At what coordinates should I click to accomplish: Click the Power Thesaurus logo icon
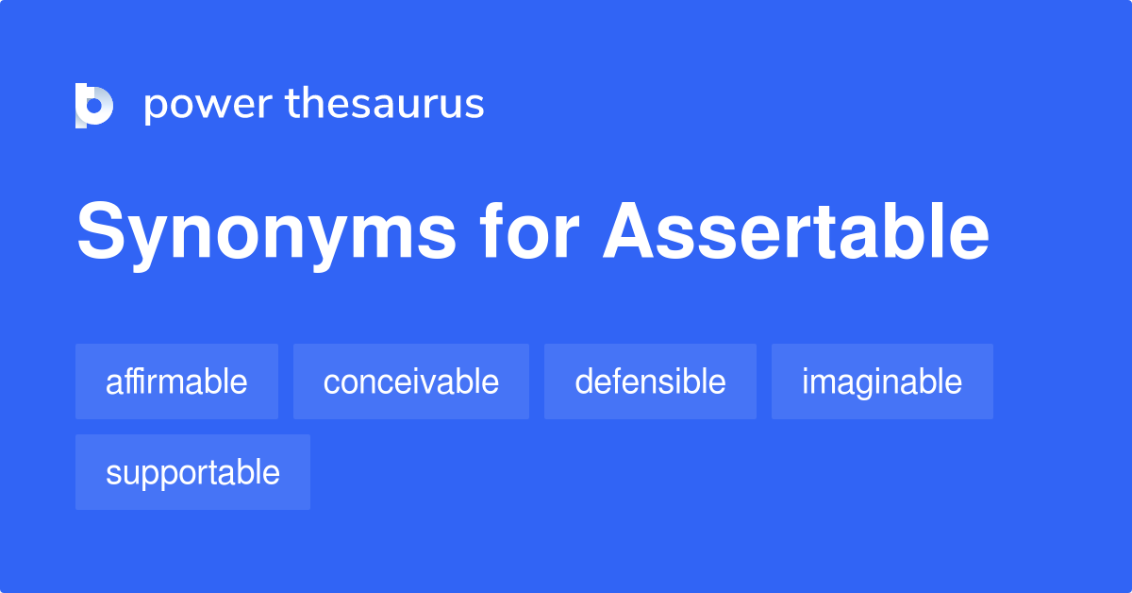[x=94, y=105]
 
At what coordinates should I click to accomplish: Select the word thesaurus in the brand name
[x=385, y=105]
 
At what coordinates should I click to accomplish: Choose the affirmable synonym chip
[x=176, y=381]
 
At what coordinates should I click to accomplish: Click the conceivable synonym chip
[x=410, y=381]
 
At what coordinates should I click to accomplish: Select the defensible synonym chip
[x=650, y=381]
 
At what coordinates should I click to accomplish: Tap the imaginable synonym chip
[x=882, y=381]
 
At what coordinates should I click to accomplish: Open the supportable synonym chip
[x=192, y=472]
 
